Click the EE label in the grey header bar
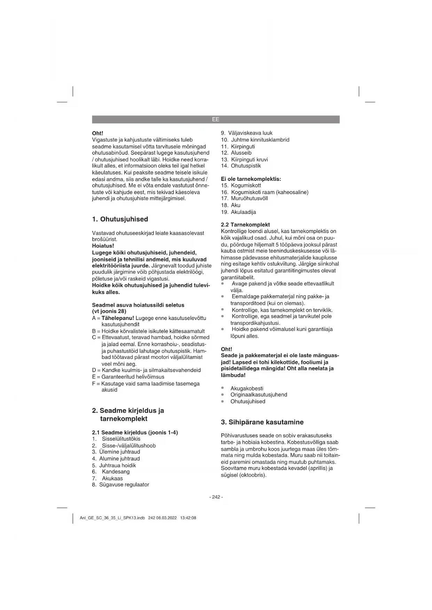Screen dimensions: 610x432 [215, 119]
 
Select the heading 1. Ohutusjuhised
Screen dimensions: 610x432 [120, 219]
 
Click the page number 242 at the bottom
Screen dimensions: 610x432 [216, 497]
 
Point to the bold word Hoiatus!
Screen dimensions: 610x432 [103, 246]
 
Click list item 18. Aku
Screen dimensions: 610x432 [231, 205]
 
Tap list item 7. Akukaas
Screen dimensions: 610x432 [108, 478]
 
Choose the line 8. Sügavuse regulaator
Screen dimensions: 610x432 [120, 484]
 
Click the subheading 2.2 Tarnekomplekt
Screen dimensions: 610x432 [245, 225]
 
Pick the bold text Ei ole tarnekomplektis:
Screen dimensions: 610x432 [251, 179]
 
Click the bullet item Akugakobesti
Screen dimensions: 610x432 [247, 388]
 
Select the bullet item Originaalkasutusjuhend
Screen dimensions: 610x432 [259, 395]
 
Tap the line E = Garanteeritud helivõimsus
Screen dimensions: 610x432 [128, 377]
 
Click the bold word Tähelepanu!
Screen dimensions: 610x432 [118, 318]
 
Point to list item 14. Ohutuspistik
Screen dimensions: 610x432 [241, 166]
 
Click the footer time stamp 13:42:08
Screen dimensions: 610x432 [188, 518]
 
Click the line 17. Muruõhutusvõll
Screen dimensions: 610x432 [244, 199]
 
